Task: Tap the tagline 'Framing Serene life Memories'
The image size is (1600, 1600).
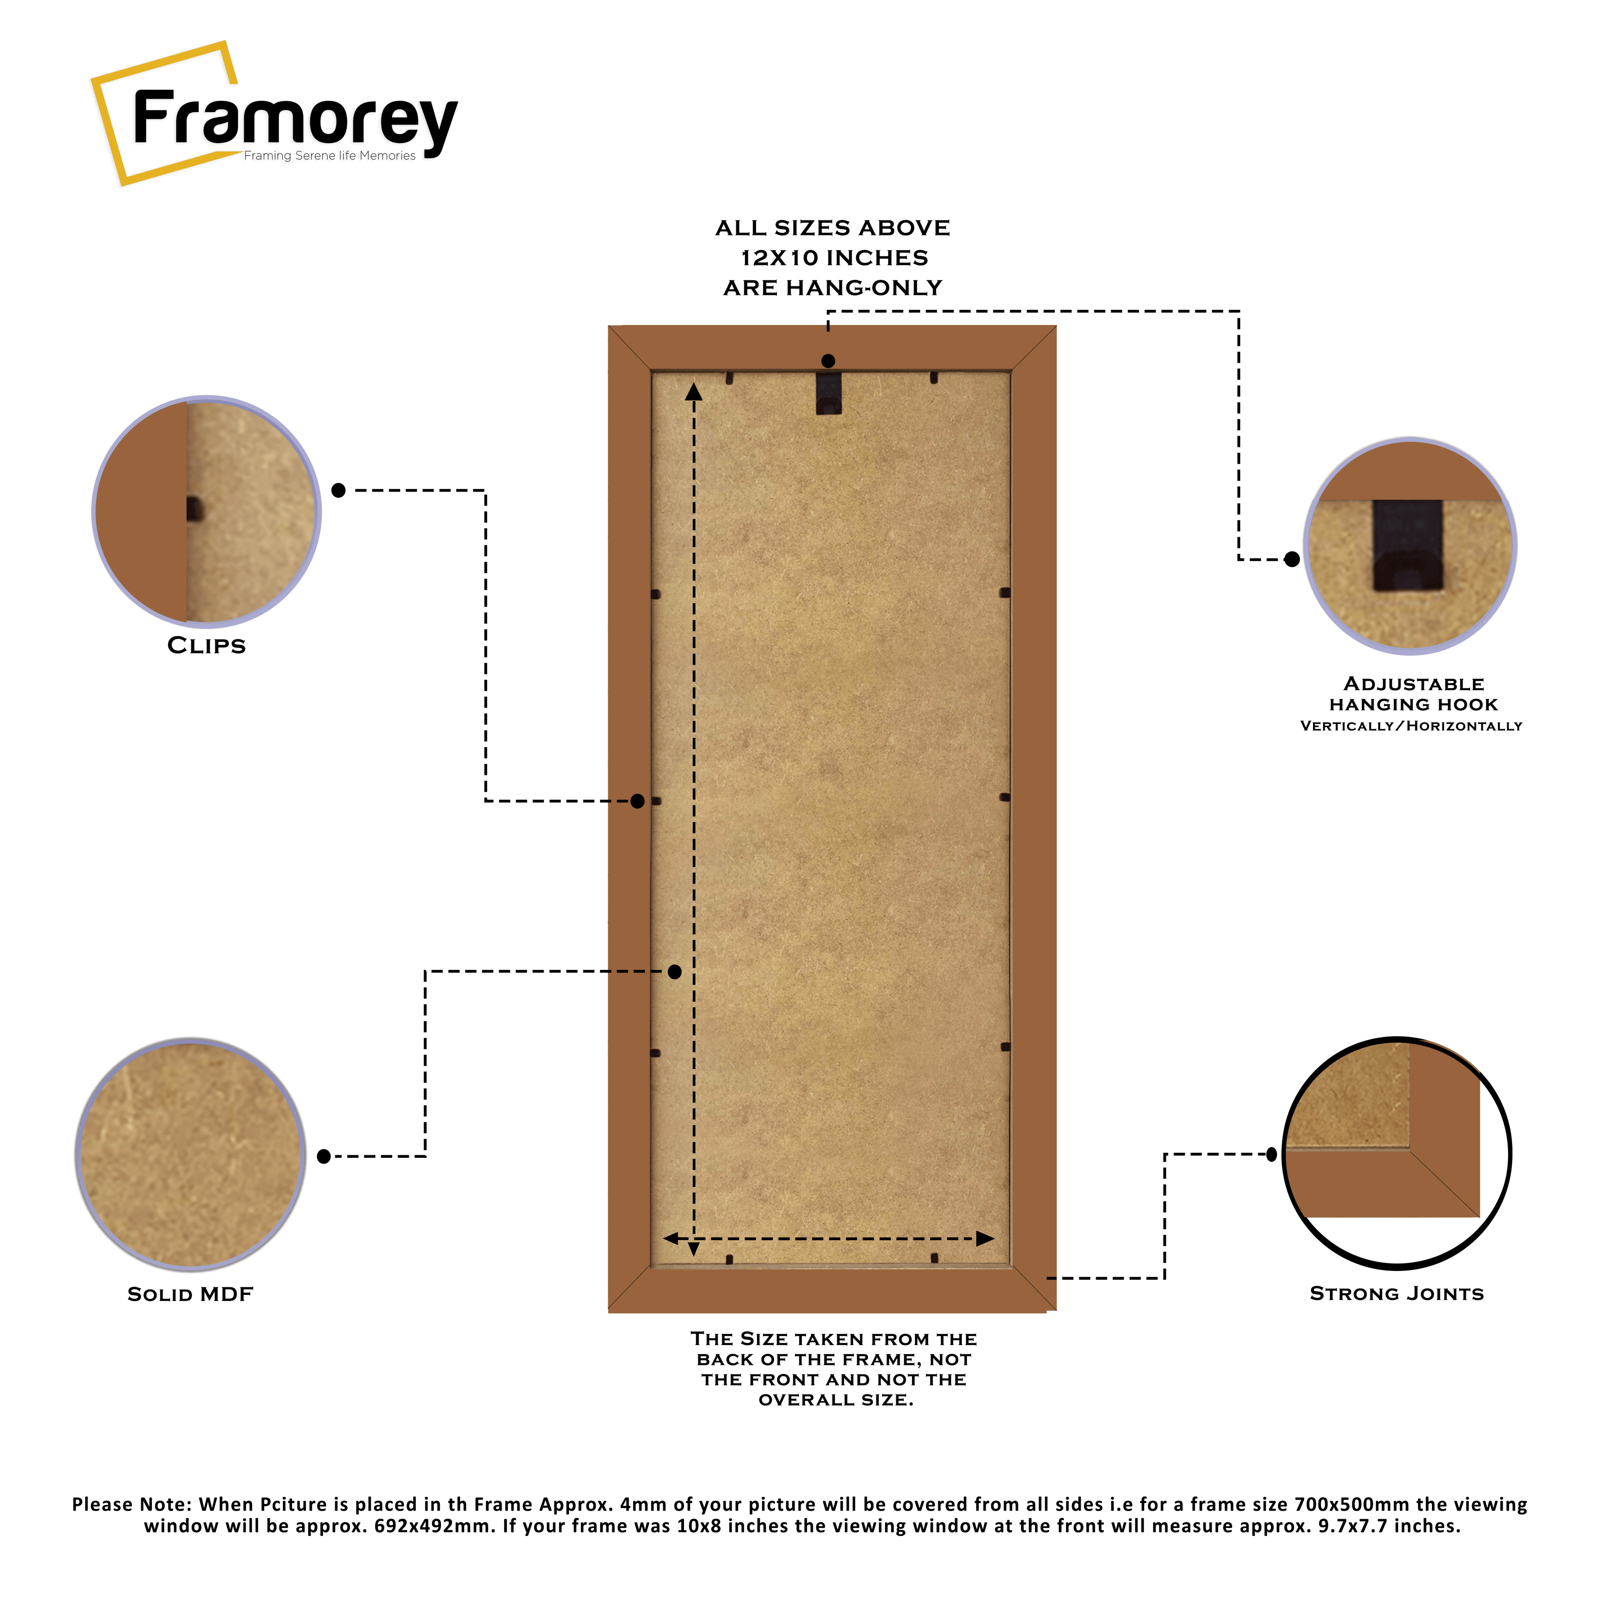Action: (329, 156)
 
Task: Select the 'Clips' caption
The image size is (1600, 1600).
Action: (206, 645)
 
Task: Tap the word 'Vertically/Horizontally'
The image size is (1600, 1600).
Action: (1411, 726)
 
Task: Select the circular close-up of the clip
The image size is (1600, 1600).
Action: (206, 511)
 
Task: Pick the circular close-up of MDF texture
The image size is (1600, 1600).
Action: (191, 1153)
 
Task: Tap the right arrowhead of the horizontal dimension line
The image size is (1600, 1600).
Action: (985, 1239)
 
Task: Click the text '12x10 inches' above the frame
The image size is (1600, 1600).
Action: (834, 257)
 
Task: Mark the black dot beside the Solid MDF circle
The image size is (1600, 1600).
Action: (324, 1156)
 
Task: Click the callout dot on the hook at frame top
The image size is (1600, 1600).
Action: (828, 361)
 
